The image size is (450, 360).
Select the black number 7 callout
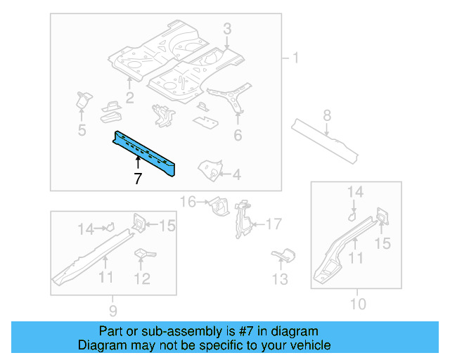[138, 179]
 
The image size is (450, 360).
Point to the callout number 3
[227, 28]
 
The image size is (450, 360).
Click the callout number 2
[130, 96]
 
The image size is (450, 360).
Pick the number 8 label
[327, 115]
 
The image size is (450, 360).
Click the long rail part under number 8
[326, 138]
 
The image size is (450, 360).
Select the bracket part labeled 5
[83, 100]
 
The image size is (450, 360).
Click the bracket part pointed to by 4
[208, 169]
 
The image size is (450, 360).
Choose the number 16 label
[188, 202]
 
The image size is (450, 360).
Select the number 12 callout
[142, 278]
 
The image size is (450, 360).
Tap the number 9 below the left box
[113, 310]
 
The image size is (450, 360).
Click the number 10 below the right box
[358, 304]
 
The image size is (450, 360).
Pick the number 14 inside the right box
[356, 191]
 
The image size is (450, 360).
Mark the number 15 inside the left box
[167, 225]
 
